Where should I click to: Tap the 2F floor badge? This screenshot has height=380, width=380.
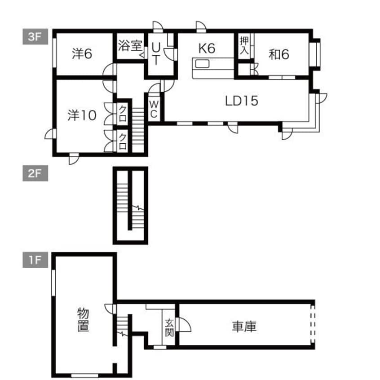tap(34, 174)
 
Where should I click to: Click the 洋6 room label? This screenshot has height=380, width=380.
tap(82, 54)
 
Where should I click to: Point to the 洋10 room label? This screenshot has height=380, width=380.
tap(82, 115)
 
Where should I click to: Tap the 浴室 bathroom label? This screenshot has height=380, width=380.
tap(130, 46)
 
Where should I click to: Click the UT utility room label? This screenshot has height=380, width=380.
tap(155, 53)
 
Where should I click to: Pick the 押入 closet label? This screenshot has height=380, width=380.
tap(244, 45)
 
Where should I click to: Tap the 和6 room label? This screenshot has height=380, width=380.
tap(278, 54)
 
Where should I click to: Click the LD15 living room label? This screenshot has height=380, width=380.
tap(241, 101)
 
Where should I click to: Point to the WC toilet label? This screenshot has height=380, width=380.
tap(154, 109)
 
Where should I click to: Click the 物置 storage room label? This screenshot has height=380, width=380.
tap(83, 319)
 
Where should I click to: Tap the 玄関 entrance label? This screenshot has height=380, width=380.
tap(169, 327)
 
